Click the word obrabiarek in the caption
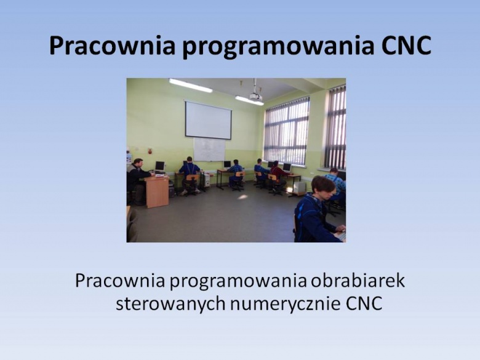pyautogui.click(x=358, y=281)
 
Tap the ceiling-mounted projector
pyautogui.click(x=256, y=97)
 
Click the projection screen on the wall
pyautogui.click(x=208, y=120)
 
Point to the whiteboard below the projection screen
pyautogui.click(x=209, y=150)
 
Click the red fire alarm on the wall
pyautogui.click(x=150, y=151)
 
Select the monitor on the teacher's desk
pyautogui.click(x=159, y=166)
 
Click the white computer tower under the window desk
pyautogui.click(x=300, y=186)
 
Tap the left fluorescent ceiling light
pyautogui.click(x=191, y=86)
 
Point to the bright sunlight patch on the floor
pyautogui.click(x=242, y=197)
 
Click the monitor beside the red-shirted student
pyautogui.click(x=287, y=167)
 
